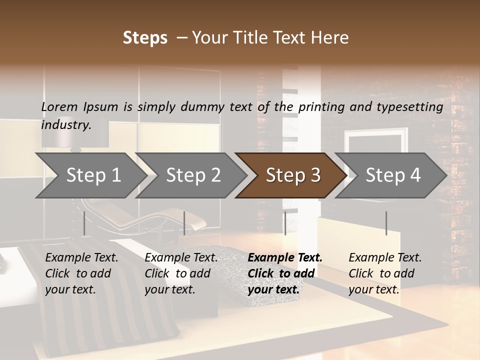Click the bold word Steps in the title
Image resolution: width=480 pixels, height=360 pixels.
[145, 38]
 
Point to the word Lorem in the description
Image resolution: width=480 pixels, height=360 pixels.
[59, 107]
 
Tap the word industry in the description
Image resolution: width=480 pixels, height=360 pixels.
[66, 125]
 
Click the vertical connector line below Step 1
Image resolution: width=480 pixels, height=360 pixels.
[84, 223]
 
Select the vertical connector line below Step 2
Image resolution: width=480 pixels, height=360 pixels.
[184, 223]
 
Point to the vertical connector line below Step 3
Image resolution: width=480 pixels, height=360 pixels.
[285, 223]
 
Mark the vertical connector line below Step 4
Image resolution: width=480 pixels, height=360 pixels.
[386, 223]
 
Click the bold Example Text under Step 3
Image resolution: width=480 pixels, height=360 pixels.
[285, 258]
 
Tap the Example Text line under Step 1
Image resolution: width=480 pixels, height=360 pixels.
[81, 258]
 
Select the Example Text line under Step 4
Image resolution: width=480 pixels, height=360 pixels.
[385, 258]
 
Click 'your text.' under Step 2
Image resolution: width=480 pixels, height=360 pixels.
[169, 289]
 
